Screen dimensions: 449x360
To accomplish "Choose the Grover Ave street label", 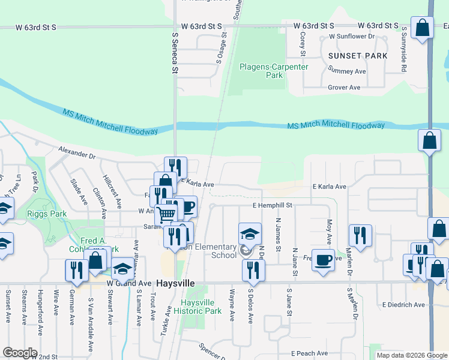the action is (x=343, y=88).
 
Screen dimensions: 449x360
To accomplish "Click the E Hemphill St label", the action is (x=272, y=205).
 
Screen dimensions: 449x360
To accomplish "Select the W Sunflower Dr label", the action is (x=351, y=37).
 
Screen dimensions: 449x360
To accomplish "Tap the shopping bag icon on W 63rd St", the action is (x=422, y=28).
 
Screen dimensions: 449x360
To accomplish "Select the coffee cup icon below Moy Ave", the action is (x=323, y=259).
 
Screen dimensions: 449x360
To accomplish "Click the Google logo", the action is (x=20, y=353).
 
